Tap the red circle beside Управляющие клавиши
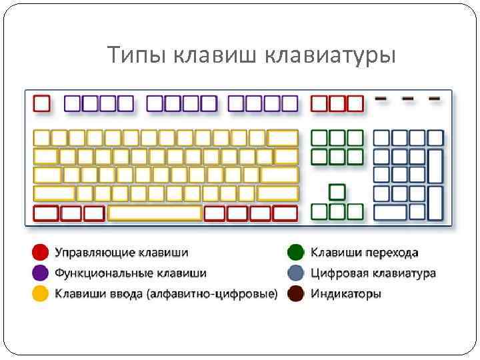tap(41, 253)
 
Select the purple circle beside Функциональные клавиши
tap(41, 273)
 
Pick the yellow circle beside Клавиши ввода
tap(41, 293)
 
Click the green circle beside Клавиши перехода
tap(296, 253)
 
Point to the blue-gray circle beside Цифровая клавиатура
tap(296, 273)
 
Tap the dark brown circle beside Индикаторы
tap(296, 293)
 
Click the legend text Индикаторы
tap(346, 293)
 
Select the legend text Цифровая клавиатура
tap(373, 273)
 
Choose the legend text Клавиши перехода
tap(365, 253)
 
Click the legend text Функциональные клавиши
tap(131, 273)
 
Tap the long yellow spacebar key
tap(155, 213)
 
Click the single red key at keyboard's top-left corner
tap(42, 103)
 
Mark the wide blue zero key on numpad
tap(391, 213)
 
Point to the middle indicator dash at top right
tap(408, 99)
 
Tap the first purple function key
tap(73, 103)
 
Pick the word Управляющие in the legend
tap(95, 253)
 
